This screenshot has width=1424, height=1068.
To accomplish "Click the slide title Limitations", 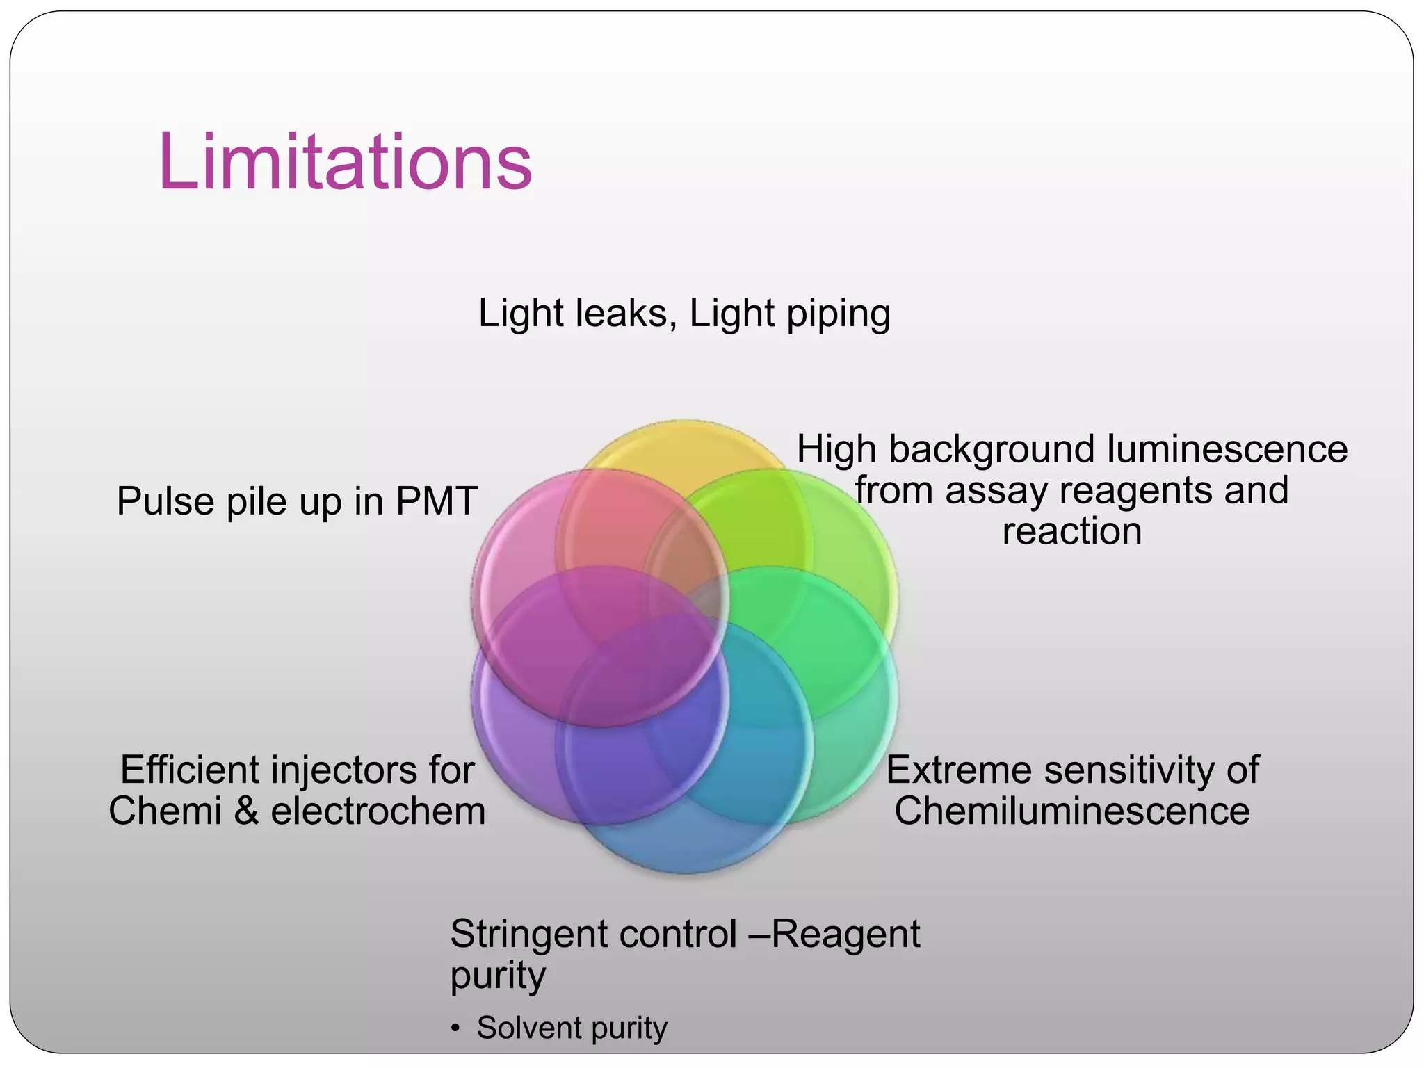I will [x=345, y=162].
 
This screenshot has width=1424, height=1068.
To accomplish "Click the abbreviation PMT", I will [x=437, y=501].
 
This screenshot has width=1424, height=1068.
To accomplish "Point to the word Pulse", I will [x=165, y=501].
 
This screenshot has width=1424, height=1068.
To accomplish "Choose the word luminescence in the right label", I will [x=1227, y=449].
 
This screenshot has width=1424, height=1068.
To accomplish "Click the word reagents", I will [x=1136, y=491].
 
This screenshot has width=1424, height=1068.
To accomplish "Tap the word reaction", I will [x=1071, y=532].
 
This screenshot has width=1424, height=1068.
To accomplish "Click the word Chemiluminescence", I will [x=1071, y=811].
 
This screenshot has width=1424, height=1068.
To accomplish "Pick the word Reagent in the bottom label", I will [x=845, y=934].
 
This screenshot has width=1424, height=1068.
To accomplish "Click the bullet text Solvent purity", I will [x=572, y=1028].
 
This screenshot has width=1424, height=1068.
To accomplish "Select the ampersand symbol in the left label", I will [x=246, y=811].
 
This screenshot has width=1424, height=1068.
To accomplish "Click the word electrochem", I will [x=378, y=811].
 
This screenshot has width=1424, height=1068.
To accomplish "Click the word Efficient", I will [x=190, y=770].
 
